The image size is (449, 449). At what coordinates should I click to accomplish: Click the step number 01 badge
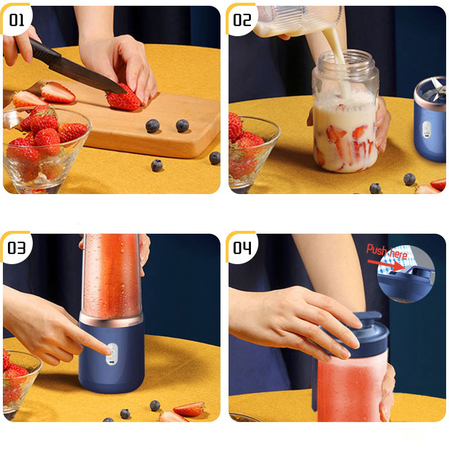(17, 20)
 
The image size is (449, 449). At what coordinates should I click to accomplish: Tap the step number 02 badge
(242, 20)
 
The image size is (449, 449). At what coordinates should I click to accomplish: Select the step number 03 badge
(17, 247)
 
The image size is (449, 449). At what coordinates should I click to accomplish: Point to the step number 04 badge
(242, 247)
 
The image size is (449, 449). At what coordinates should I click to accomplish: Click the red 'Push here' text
(386, 252)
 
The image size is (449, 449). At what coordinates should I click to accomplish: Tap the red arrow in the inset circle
(386, 265)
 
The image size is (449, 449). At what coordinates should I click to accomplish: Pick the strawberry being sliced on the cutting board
(123, 99)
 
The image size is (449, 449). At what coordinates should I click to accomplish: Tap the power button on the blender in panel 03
(112, 350)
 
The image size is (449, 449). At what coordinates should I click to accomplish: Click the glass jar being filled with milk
(346, 111)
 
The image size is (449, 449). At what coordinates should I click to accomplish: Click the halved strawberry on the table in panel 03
(189, 409)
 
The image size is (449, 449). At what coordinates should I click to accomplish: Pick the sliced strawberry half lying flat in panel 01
(57, 92)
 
